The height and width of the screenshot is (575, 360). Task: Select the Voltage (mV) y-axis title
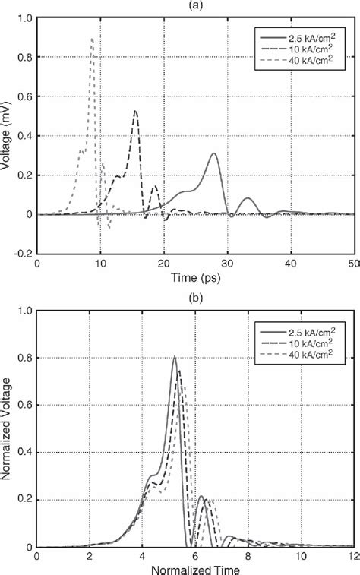click(x=7, y=136)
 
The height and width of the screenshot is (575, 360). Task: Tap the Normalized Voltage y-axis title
click(x=7, y=429)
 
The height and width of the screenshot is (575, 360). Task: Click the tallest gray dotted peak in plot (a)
click(x=92, y=39)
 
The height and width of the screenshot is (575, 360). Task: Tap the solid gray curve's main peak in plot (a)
click(x=214, y=154)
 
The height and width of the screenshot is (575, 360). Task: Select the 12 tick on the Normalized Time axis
click(x=353, y=556)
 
